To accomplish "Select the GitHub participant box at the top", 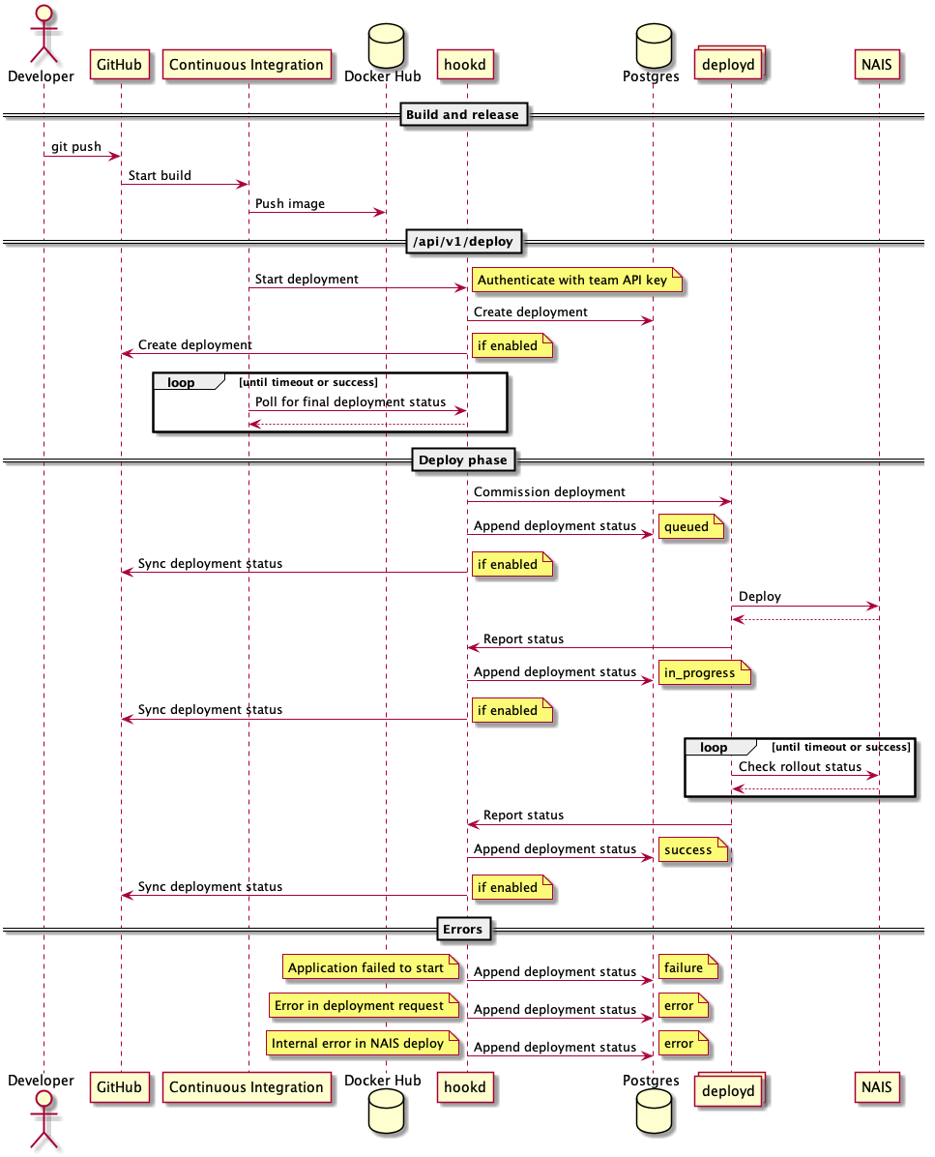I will [x=121, y=65].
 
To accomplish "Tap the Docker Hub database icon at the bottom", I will [x=385, y=1122].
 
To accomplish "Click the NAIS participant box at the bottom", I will [x=878, y=1087].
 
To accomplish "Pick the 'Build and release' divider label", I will [x=462, y=115].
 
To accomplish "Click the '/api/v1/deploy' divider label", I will [x=463, y=242].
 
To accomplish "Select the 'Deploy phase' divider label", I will [x=463, y=460].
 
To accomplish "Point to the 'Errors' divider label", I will [x=462, y=929].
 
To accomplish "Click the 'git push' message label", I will [x=76, y=147].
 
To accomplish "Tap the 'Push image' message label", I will [x=290, y=204].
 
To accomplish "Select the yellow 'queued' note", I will [x=690, y=527].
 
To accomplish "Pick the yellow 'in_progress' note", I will [x=703, y=673].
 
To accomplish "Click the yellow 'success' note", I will [x=691, y=850].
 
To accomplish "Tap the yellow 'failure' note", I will [x=687, y=967].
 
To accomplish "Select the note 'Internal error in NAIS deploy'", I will [x=361, y=1044].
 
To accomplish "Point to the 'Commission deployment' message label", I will [x=549, y=492].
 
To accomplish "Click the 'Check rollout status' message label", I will [x=800, y=766].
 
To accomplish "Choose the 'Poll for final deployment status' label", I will [x=350, y=401].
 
